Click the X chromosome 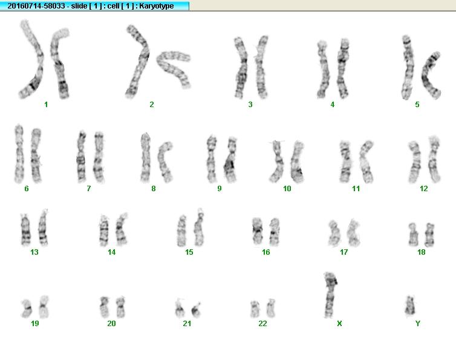point(330,295)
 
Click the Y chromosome point(410,306)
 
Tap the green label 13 point(34,252)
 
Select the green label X point(339,323)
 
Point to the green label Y point(418,323)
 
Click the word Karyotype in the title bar point(157,6)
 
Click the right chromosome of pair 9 point(231,160)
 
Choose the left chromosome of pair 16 point(258,231)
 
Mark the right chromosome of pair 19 point(44,307)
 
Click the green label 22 point(262,323)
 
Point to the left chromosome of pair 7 point(81,157)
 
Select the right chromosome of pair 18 point(429,235)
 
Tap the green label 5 point(417,105)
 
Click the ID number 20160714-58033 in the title point(36,6)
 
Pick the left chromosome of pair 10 point(276,161)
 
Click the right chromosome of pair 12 point(434,160)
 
